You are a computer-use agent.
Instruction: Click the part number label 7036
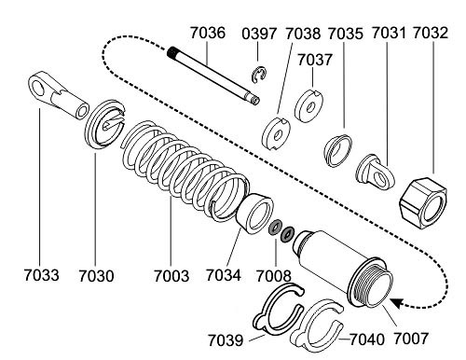(208, 33)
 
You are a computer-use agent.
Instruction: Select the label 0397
(259, 34)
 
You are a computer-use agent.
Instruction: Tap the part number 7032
(431, 33)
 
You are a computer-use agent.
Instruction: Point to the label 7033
(41, 275)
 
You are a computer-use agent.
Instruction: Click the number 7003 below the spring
(171, 276)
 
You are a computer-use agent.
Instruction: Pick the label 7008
(274, 276)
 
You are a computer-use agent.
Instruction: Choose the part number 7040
(367, 339)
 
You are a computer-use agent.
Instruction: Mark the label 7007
(411, 339)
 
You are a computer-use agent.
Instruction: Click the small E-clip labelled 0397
(258, 76)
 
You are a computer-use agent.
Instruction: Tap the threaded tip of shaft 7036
(171, 52)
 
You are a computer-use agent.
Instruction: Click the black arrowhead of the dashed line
(397, 303)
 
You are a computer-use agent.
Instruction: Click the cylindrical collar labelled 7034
(254, 214)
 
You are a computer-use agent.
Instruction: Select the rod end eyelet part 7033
(59, 95)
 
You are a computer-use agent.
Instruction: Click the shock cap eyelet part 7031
(376, 171)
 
